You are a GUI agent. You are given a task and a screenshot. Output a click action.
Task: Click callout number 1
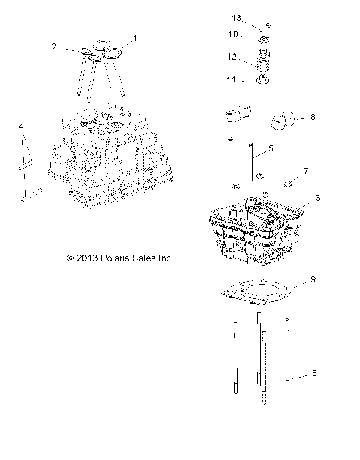coord(135,37)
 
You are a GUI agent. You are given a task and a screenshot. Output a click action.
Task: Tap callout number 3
coord(318,197)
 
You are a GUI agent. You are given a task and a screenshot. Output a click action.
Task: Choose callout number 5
coord(271,149)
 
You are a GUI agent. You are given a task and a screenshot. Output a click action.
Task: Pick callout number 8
coord(312,117)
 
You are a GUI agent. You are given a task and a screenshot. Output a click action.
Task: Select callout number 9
coord(313,281)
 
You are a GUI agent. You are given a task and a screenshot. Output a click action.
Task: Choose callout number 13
coord(236,16)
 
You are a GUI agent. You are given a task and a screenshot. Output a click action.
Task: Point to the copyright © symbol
coord(70,258)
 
